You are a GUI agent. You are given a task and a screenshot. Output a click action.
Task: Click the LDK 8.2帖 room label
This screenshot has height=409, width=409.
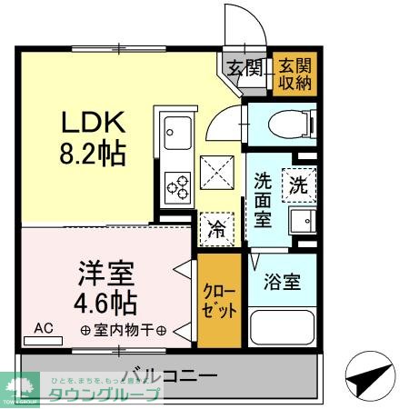tap(94, 137)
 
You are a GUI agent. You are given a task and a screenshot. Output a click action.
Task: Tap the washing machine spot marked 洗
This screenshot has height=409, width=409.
tap(299, 185)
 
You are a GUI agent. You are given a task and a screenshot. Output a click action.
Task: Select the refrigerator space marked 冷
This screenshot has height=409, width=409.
tap(216, 227)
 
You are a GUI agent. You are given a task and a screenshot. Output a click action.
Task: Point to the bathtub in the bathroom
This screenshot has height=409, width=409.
tap(282, 328)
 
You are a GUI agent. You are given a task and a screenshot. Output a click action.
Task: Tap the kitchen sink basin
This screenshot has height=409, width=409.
tap(173, 137)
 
